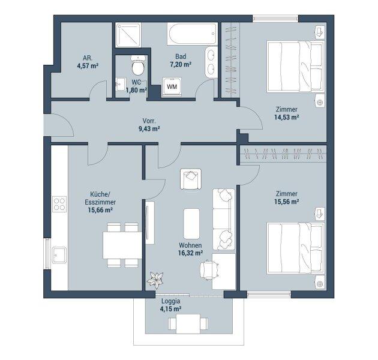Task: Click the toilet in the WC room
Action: click(138, 65)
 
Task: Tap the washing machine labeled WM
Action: click(172, 86)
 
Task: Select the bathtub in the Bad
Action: click(192, 34)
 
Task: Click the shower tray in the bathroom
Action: click(128, 35)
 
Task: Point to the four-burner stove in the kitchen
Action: click(59, 204)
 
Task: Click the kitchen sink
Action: click(59, 255)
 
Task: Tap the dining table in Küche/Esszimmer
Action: click(122, 245)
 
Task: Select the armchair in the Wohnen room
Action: click(191, 179)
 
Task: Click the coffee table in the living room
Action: click(191, 224)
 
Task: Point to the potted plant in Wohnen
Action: click(155, 280)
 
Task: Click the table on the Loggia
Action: click(188, 323)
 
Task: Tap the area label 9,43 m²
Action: click(149, 129)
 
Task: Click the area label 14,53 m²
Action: click(287, 118)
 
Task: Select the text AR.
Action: click(88, 58)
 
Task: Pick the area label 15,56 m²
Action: click(287, 202)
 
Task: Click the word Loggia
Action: click(170, 301)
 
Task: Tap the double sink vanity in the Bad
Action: click(211, 62)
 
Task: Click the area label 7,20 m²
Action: click(181, 65)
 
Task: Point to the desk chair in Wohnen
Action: click(209, 269)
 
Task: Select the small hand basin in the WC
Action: click(120, 84)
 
